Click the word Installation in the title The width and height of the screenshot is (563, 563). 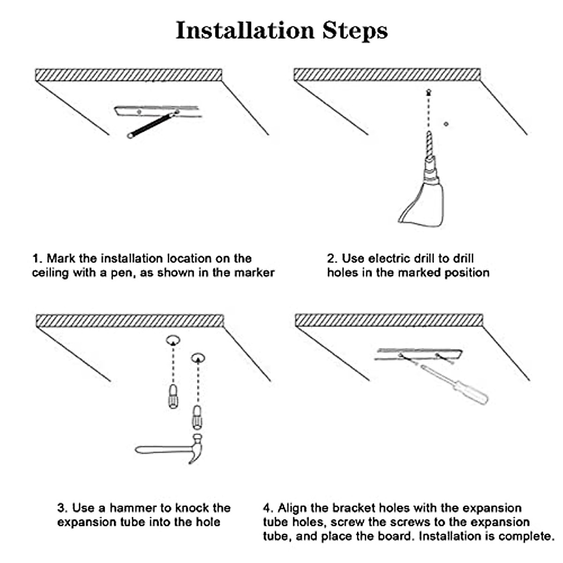click(x=244, y=30)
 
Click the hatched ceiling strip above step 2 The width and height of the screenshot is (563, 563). click(x=387, y=75)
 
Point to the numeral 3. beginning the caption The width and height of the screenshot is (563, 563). click(x=63, y=508)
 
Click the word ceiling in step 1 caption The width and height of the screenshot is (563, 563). click(x=49, y=273)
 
